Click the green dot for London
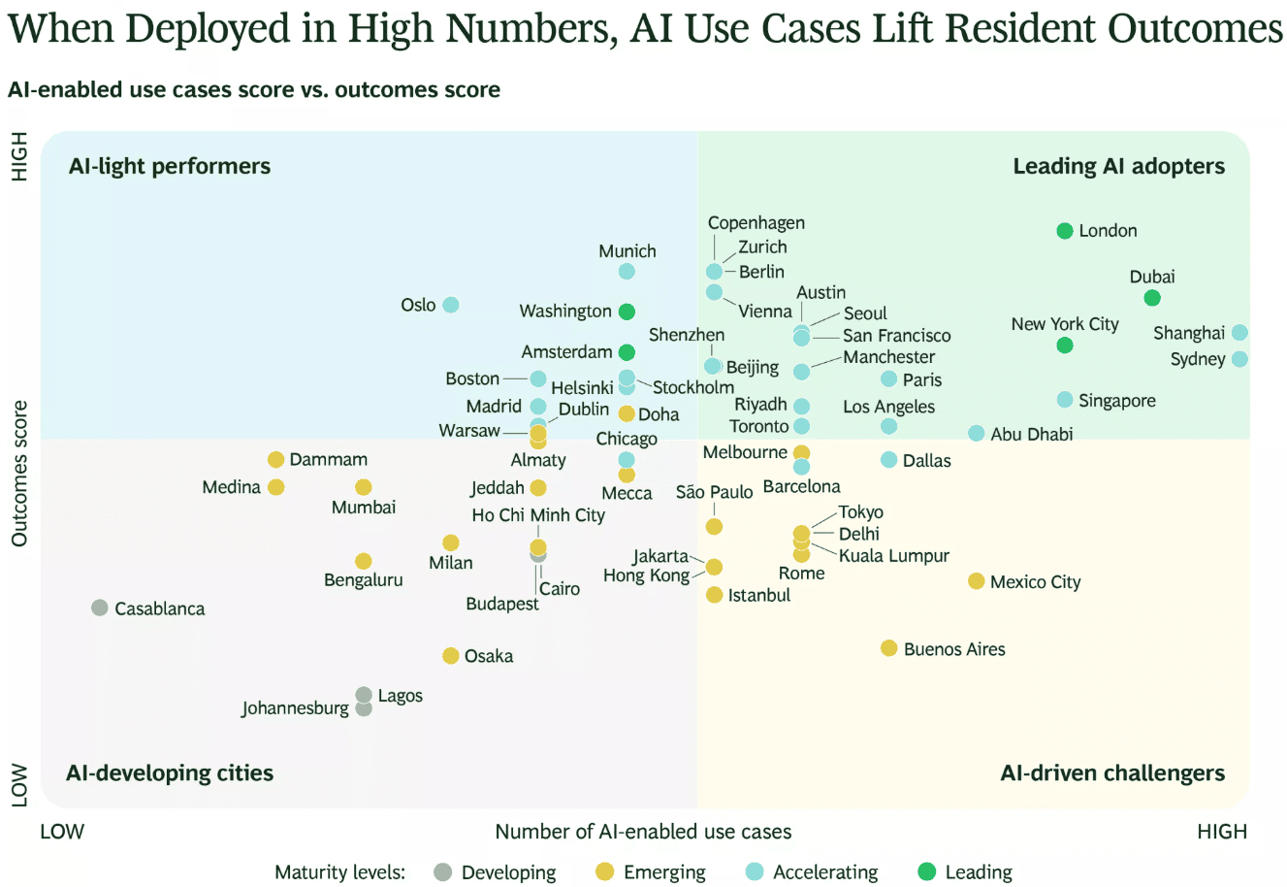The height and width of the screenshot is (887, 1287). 1065,231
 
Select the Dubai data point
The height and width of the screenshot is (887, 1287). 1152,298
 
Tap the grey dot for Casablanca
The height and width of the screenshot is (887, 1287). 99,608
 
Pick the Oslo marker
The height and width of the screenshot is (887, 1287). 450,305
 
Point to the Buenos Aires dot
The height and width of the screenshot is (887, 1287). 888,648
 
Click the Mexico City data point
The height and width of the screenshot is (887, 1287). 977,581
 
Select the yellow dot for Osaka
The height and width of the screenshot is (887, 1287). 450,655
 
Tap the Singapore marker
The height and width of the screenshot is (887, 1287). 1065,400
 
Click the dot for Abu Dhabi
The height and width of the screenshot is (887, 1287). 977,434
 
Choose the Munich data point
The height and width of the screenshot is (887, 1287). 627,272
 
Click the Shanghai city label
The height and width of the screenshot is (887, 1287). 1189,333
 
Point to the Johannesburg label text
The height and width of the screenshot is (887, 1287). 295,707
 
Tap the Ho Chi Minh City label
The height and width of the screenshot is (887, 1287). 538,515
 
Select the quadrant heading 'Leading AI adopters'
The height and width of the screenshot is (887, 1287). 1118,166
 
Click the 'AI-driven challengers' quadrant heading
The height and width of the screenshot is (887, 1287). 1112,773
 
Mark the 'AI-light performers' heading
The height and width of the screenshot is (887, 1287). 170,166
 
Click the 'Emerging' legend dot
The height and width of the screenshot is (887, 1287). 604,872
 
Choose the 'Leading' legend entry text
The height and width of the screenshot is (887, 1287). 979,872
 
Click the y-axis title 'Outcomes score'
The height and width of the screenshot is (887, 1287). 19,474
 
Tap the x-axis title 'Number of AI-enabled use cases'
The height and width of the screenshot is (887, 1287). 643,832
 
